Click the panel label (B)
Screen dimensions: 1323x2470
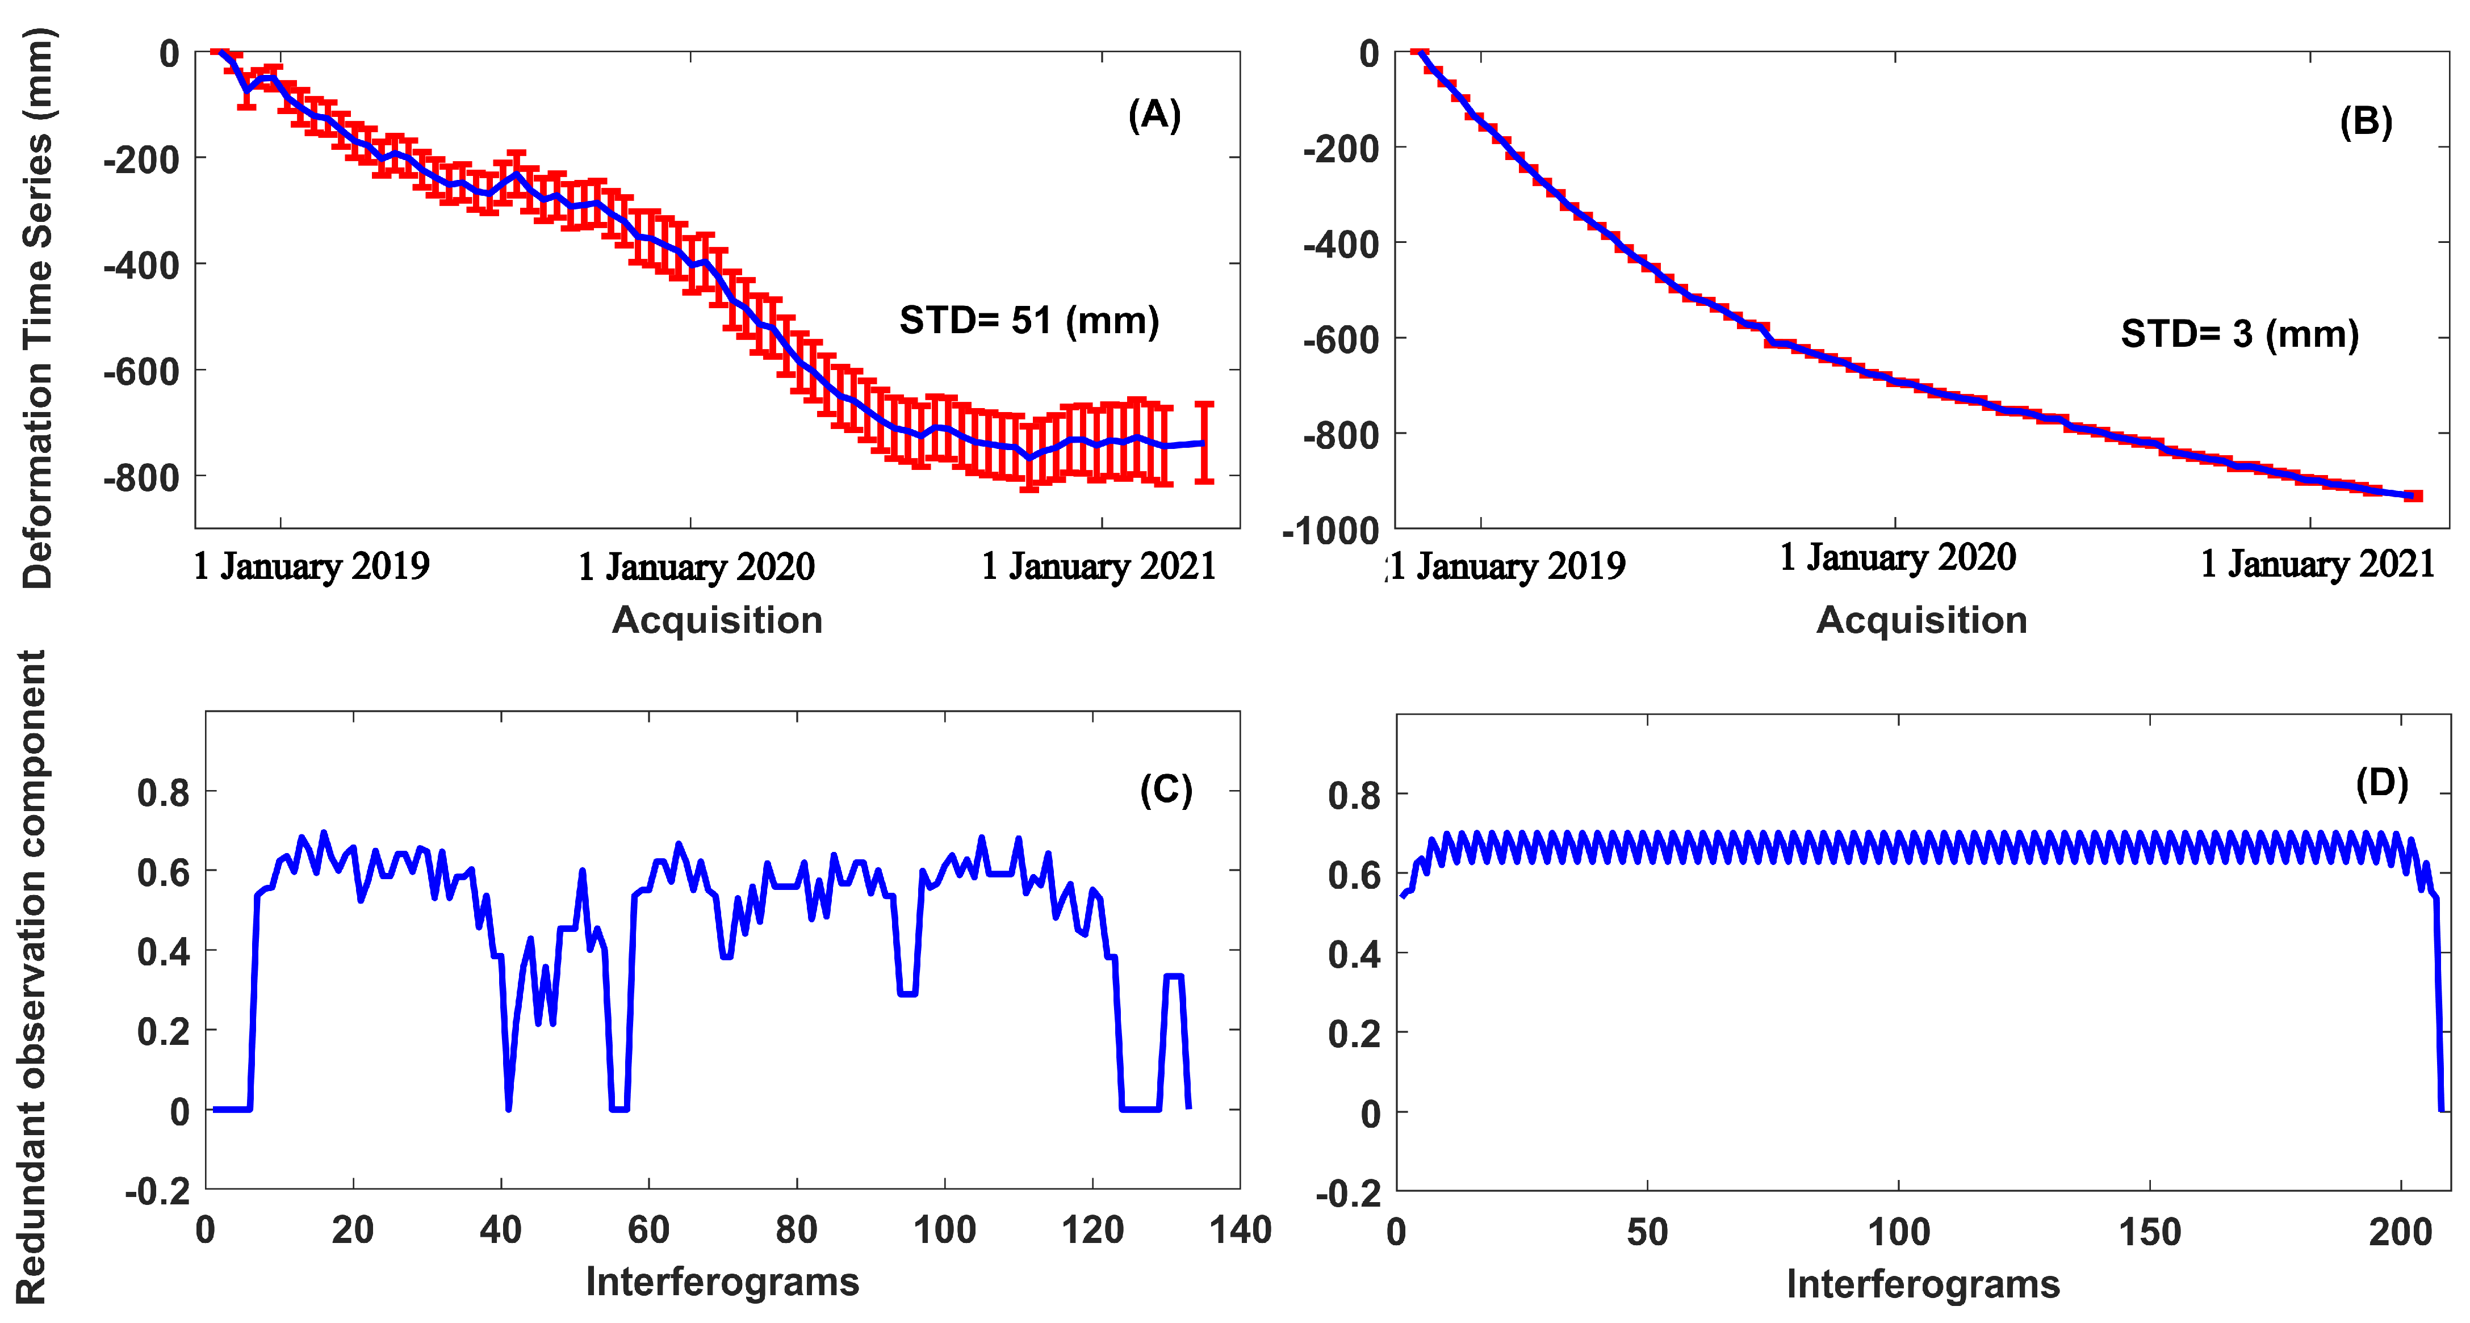[x=2366, y=123]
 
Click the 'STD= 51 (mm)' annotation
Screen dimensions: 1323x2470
[x=1029, y=320]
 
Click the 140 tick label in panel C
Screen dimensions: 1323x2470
[x=1240, y=1230]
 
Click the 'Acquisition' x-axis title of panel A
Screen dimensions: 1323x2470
[x=717, y=620]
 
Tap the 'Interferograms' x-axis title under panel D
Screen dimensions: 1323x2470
[x=1923, y=1284]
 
